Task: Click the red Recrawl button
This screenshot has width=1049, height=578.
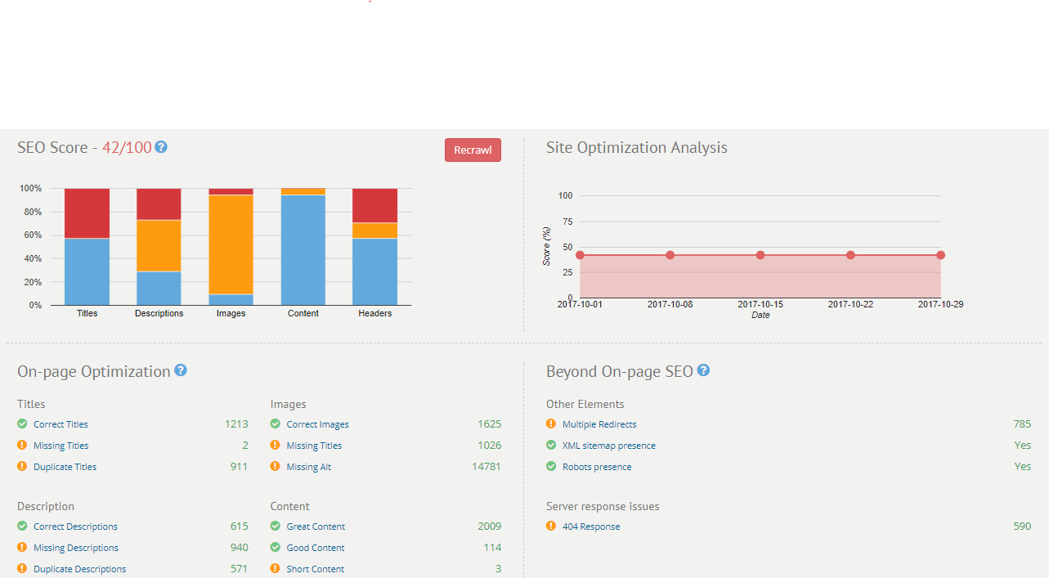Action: [473, 150]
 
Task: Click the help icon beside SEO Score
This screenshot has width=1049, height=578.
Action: [161, 147]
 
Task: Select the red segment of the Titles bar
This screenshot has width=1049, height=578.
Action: [87, 213]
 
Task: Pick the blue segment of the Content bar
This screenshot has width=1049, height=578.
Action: [303, 249]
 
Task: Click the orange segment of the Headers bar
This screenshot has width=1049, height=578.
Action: [374, 231]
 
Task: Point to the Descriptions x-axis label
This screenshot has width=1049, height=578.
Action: [159, 313]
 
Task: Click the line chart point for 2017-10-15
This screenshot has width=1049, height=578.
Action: [760, 255]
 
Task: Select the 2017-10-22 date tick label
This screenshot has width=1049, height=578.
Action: [850, 304]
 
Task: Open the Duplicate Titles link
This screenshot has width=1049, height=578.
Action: [65, 467]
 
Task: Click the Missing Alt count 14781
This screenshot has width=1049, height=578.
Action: [486, 467]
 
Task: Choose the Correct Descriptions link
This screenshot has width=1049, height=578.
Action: [75, 526]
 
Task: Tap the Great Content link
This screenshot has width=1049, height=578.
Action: [316, 526]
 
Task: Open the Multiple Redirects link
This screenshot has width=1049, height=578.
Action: [599, 424]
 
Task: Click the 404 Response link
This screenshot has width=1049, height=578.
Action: [591, 526]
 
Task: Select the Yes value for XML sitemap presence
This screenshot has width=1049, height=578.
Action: [1022, 446]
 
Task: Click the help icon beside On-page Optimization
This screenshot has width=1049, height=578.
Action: [181, 370]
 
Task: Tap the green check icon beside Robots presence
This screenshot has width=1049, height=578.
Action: [551, 467]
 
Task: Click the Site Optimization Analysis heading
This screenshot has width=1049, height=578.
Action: [636, 148]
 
